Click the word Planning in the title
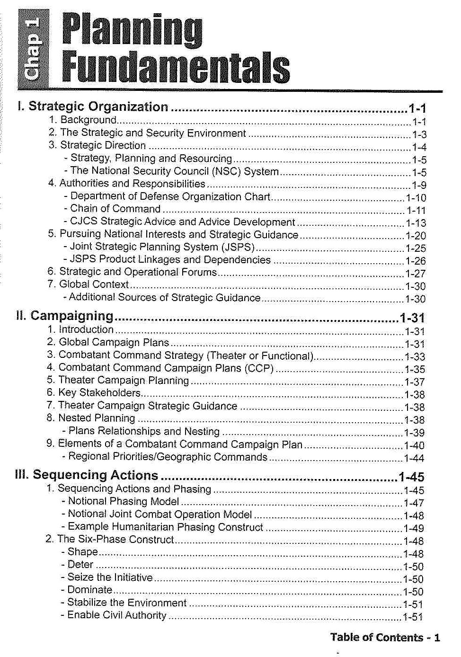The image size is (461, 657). [x=133, y=30]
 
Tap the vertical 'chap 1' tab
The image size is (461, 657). [x=33, y=49]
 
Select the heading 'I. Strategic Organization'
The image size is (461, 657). [x=93, y=107]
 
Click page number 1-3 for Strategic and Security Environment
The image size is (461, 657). [x=419, y=135]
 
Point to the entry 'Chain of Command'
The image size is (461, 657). [x=115, y=209]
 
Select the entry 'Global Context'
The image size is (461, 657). [x=94, y=284]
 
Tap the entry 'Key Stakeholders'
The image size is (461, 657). [x=99, y=393]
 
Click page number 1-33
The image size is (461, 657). [x=415, y=357]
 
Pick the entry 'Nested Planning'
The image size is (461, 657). [x=97, y=418]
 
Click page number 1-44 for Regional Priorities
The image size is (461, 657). [x=414, y=458]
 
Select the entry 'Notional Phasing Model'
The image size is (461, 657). [x=124, y=501]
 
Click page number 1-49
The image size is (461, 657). [x=413, y=528]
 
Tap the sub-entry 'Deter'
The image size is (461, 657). [x=80, y=565]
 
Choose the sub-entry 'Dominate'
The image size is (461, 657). [x=90, y=590]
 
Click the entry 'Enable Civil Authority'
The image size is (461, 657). [x=117, y=615]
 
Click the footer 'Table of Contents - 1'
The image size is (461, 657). [x=385, y=638]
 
